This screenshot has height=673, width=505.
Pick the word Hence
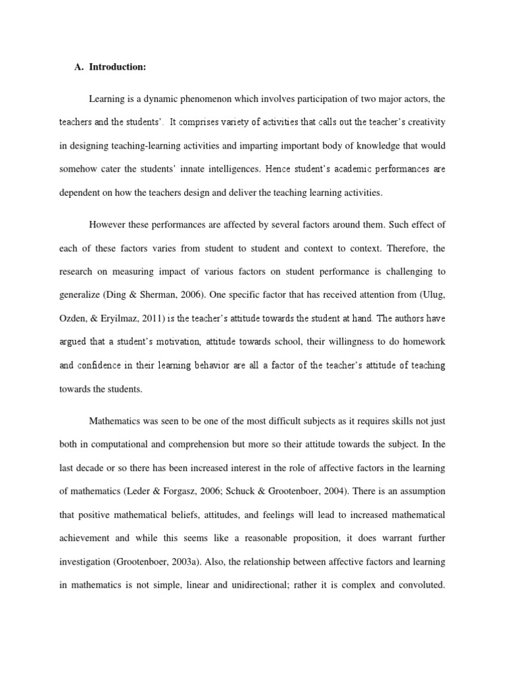pyautogui.click(x=276, y=169)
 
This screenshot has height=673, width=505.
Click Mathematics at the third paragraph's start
pyautogui.click(x=116, y=421)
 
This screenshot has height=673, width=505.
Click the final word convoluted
pyautogui.click(x=420, y=585)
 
